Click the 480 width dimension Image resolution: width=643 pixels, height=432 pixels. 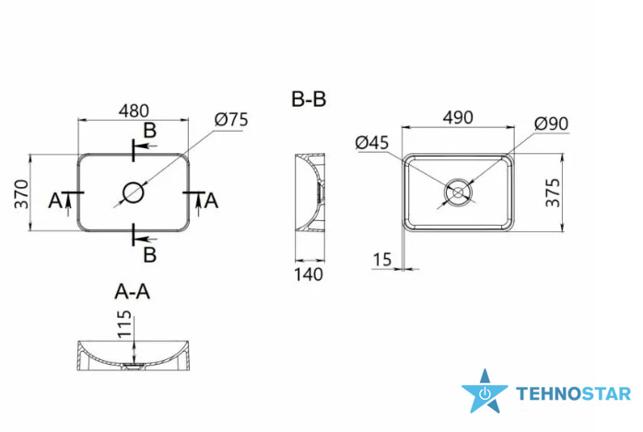(x=134, y=111)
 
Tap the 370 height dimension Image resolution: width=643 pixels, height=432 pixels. (x=22, y=194)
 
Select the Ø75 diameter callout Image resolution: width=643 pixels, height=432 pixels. (x=231, y=120)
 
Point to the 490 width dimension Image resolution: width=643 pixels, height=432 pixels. (x=458, y=118)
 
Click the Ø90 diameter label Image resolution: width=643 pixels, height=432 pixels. (x=552, y=123)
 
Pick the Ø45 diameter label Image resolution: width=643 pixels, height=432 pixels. (x=372, y=143)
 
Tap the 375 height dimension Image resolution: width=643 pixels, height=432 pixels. (x=553, y=193)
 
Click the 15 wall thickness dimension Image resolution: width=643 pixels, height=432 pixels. (x=381, y=260)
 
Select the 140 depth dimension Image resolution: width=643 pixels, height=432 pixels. (x=309, y=274)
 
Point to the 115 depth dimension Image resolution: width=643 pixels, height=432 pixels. (x=125, y=324)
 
